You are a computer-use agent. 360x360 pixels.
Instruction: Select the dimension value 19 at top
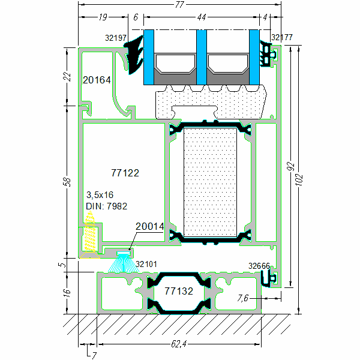click(104, 18)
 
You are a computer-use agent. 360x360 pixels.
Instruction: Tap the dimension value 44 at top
click(202, 18)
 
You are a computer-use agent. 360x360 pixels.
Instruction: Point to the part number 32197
click(115, 38)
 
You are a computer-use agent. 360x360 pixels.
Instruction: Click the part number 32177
click(282, 37)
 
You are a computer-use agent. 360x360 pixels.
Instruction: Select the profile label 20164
click(97, 79)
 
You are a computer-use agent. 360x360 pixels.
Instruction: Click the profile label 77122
click(125, 173)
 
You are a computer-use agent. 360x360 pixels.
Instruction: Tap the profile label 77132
click(179, 291)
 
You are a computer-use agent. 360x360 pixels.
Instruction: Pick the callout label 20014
click(149, 226)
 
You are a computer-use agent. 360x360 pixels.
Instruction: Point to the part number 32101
click(146, 263)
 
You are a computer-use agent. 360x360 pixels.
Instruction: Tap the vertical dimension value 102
click(300, 180)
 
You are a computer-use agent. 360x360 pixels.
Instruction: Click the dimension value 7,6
click(243, 298)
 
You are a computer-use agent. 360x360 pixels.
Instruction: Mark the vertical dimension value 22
click(68, 77)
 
